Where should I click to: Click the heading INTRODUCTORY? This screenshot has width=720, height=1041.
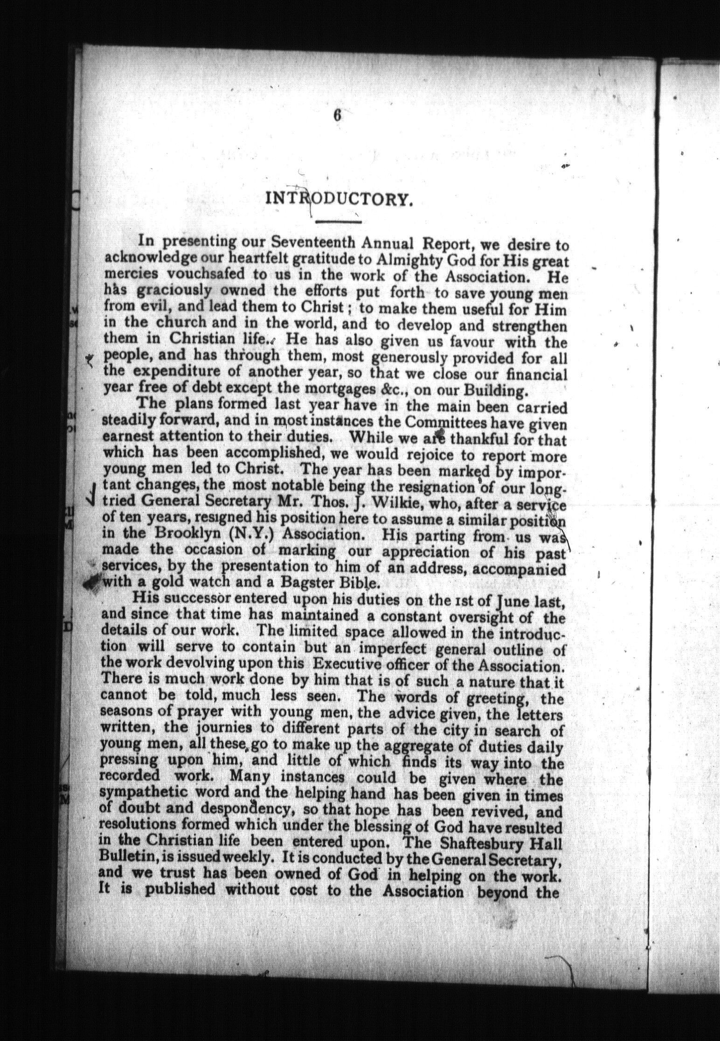(339, 199)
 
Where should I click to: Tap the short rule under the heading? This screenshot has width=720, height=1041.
(339, 222)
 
